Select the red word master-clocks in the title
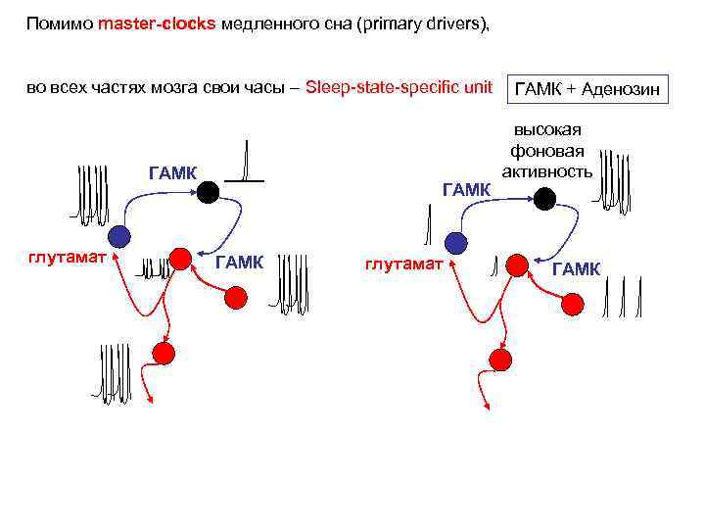coord(157,24)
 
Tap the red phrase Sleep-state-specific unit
coord(399,87)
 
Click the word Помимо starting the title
coord(59,24)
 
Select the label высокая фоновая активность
coord(546,151)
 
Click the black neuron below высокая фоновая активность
coord(545,199)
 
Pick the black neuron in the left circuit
coord(208,192)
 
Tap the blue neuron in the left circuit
coord(118,235)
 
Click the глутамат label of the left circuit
coord(68,256)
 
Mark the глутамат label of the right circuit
coord(403,264)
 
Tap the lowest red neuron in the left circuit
coord(164,352)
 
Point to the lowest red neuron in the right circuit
coord(499,360)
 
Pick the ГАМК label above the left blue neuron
coord(172,173)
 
